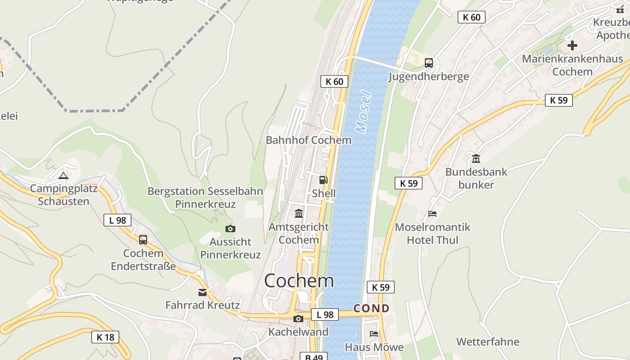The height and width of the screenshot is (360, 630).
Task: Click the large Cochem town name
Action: [x=299, y=281]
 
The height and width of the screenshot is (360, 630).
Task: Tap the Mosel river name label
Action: [x=364, y=112]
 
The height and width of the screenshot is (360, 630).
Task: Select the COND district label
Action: [x=371, y=309]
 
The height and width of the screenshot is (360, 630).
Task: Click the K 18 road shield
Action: [x=105, y=337]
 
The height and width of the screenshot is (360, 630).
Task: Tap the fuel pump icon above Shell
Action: [x=323, y=180]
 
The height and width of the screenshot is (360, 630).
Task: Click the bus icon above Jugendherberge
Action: [x=429, y=63]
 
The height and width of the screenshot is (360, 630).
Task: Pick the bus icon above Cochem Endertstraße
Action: [x=143, y=240]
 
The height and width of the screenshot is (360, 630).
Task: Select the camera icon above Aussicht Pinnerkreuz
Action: [x=230, y=229]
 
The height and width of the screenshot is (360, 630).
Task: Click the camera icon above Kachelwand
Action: [x=298, y=319]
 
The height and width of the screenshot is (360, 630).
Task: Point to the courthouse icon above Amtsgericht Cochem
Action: [x=299, y=213]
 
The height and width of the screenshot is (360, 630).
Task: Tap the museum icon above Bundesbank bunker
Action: [x=476, y=158]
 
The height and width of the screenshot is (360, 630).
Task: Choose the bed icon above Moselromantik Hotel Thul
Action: [x=432, y=214]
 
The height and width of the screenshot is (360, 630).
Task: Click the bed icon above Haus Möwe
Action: [x=373, y=334]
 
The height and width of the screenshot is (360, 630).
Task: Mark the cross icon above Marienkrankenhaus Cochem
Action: [x=572, y=45]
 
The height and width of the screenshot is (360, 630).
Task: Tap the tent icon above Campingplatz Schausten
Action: [x=63, y=175]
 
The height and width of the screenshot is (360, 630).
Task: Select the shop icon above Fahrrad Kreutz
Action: [x=202, y=292]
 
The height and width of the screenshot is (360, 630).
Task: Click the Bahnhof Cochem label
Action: [x=308, y=140]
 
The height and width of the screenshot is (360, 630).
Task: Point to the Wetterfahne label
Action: [x=488, y=342]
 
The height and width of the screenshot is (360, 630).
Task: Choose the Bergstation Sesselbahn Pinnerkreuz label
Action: [x=205, y=198]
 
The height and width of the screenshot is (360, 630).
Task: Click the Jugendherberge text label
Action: [x=429, y=76]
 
